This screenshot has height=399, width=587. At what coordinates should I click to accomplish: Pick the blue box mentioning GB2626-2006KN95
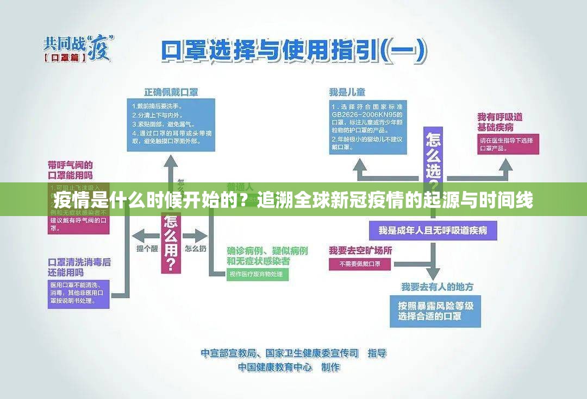(x=367, y=126)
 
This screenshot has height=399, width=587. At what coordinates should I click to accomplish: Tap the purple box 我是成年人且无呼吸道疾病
(x=433, y=230)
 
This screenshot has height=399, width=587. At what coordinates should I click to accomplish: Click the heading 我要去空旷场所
(x=360, y=250)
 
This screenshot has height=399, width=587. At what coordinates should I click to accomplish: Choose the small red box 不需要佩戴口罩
(x=359, y=264)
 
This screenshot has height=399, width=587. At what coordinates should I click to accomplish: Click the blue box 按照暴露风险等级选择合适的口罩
(x=435, y=311)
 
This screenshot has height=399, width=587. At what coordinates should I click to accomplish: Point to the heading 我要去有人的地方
(x=437, y=286)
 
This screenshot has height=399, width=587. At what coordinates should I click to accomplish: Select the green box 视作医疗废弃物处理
(x=257, y=274)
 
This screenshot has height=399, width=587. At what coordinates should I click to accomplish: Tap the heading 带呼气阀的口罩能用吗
(x=70, y=169)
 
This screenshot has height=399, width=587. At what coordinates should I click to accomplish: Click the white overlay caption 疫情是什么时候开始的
(x=293, y=200)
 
